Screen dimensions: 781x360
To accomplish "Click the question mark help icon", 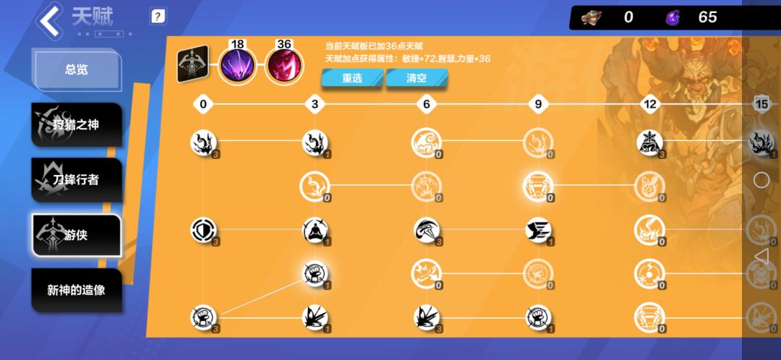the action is pos(158,17).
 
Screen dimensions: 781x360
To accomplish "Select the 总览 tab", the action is pos(77,69).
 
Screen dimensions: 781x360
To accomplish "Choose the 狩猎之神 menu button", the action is pos(77,124).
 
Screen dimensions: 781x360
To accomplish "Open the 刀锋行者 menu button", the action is pos(77,180).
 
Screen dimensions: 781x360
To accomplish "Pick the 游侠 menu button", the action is pos(77,235).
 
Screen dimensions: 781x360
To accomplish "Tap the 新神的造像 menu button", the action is pos(77,291).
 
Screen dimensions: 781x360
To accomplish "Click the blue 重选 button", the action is pos(352,78).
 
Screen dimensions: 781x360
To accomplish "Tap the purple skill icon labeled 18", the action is pos(238,67).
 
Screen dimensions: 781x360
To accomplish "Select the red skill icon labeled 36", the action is pos(284,67).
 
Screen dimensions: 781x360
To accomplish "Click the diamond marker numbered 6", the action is pos(427,104).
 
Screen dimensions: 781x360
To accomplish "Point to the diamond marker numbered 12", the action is pos(650,104).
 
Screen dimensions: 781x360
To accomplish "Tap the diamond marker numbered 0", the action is pos(202,104).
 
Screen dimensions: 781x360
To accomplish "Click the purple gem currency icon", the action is pos(673,17).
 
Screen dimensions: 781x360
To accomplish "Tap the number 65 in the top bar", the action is pos(707,17).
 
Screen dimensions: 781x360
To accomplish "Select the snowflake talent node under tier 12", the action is pos(649,143).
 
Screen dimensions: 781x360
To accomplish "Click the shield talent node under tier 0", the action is pos(203,230).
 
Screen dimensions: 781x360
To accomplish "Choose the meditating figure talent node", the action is pos(315,230).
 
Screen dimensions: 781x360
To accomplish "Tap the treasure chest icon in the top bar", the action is pos(592,17).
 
